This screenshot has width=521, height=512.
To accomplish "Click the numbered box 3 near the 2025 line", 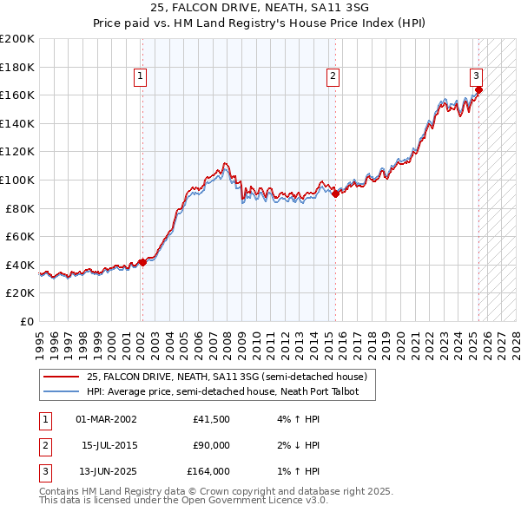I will (477, 76).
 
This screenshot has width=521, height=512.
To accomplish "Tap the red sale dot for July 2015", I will (336, 194).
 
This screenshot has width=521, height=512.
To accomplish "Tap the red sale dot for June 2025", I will (478, 89).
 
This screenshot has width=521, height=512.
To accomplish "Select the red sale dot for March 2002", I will (143, 263).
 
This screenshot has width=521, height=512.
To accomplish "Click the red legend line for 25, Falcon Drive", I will (62, 377).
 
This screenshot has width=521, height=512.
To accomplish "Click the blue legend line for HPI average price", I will (62, 391).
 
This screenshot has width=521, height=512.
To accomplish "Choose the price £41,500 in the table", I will (212, 419).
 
